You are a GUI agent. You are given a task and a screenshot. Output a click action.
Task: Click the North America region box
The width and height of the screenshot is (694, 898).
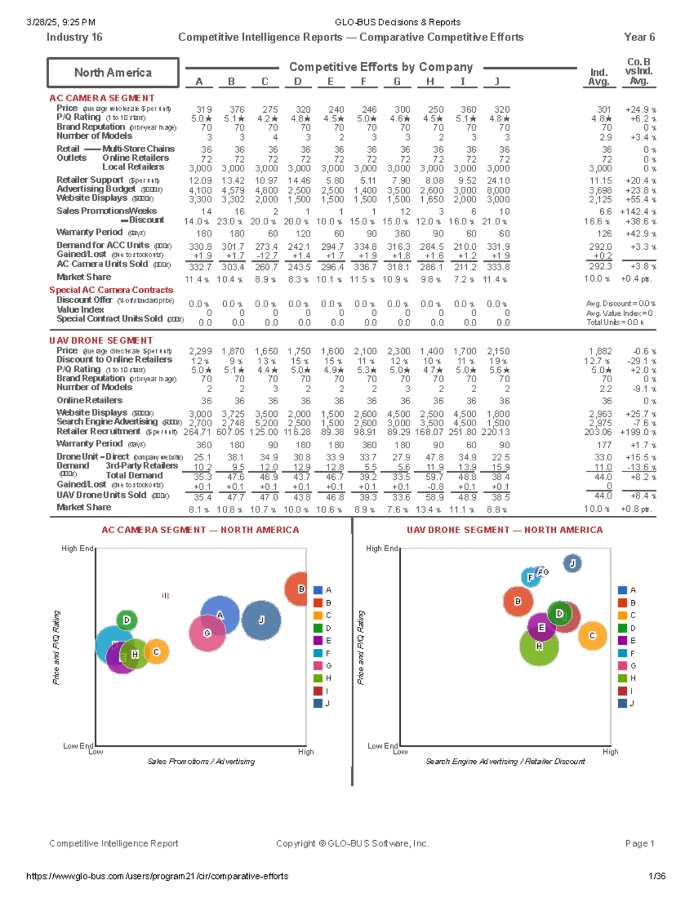point(113,73)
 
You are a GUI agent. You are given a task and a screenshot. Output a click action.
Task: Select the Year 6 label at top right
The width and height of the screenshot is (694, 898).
point(639,37)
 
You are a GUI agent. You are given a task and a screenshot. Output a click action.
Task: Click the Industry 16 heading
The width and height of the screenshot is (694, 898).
point(74,37)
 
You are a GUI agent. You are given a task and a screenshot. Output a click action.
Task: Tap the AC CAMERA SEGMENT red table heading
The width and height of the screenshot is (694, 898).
point(102,98)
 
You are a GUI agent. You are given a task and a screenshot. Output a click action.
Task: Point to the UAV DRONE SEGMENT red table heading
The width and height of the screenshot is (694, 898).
point(101,341)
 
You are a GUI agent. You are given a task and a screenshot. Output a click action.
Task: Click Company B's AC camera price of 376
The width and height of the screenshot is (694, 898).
point(237,109)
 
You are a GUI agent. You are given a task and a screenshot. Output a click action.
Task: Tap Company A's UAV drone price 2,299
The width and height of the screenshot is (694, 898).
point(200,351)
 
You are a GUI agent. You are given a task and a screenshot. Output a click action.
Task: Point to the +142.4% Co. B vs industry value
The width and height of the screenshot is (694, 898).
point(638,212)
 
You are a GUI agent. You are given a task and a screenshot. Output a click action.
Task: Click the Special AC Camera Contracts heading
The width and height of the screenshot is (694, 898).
point(111,290)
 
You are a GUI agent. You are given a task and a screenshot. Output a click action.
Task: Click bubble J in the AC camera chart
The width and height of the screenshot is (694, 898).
point(261,620)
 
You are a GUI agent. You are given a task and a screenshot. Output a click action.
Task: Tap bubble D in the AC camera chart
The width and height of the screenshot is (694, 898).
point(127,620)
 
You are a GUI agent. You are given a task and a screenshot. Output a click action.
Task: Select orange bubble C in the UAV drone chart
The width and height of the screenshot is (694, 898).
point(592,635)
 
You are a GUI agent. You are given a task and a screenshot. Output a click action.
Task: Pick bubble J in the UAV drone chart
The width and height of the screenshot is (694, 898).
point(572,563)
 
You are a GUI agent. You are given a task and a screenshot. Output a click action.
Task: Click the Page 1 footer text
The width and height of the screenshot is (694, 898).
point(639,844)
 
